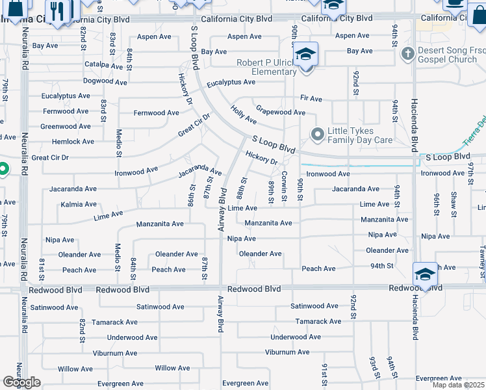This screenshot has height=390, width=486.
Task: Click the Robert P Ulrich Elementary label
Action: pos(266,67)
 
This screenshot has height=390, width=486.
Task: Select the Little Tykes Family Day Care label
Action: pos(360,135)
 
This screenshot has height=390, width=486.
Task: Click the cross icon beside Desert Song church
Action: pos(407,53)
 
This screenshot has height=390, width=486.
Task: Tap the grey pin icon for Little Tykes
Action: pos(318,135)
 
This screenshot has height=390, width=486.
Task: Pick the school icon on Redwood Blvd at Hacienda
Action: pos(425,274)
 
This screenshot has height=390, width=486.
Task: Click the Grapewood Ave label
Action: pos(280,112)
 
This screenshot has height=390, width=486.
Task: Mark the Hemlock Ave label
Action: pos(73,141)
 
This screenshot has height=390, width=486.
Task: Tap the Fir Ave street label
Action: pos(311,99)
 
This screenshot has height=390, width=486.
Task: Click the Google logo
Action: pos(22,383)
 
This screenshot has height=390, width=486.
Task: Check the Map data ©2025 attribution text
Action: pos(457,385)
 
